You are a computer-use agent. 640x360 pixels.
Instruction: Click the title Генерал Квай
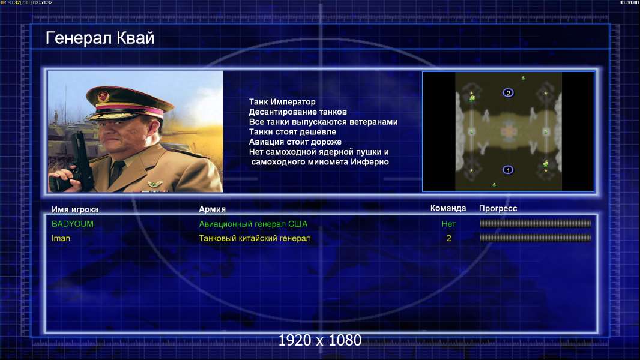100,38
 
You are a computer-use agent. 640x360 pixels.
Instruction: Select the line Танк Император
282,102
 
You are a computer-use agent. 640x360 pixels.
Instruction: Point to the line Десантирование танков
298,112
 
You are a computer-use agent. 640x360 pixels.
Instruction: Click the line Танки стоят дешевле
292,131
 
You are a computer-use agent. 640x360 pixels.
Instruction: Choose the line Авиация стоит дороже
295,142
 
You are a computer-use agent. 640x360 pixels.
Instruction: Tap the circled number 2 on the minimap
508,92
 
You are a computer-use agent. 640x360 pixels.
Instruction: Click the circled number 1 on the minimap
508,170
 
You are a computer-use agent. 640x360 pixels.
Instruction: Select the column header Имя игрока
74,209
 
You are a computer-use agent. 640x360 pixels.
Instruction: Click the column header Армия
213,209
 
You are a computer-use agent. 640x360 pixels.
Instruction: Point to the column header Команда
448,208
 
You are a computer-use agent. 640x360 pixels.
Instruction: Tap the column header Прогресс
498,208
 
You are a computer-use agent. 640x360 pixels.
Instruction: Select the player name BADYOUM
73,224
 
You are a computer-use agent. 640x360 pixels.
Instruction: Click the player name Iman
61,238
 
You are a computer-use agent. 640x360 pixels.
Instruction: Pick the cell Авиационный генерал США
253,224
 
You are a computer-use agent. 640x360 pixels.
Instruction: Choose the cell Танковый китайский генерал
255,238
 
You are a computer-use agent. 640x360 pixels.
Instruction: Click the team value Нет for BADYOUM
448,224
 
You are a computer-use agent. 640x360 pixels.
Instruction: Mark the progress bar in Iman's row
536,238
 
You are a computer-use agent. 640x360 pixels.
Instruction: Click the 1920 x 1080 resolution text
320,340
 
